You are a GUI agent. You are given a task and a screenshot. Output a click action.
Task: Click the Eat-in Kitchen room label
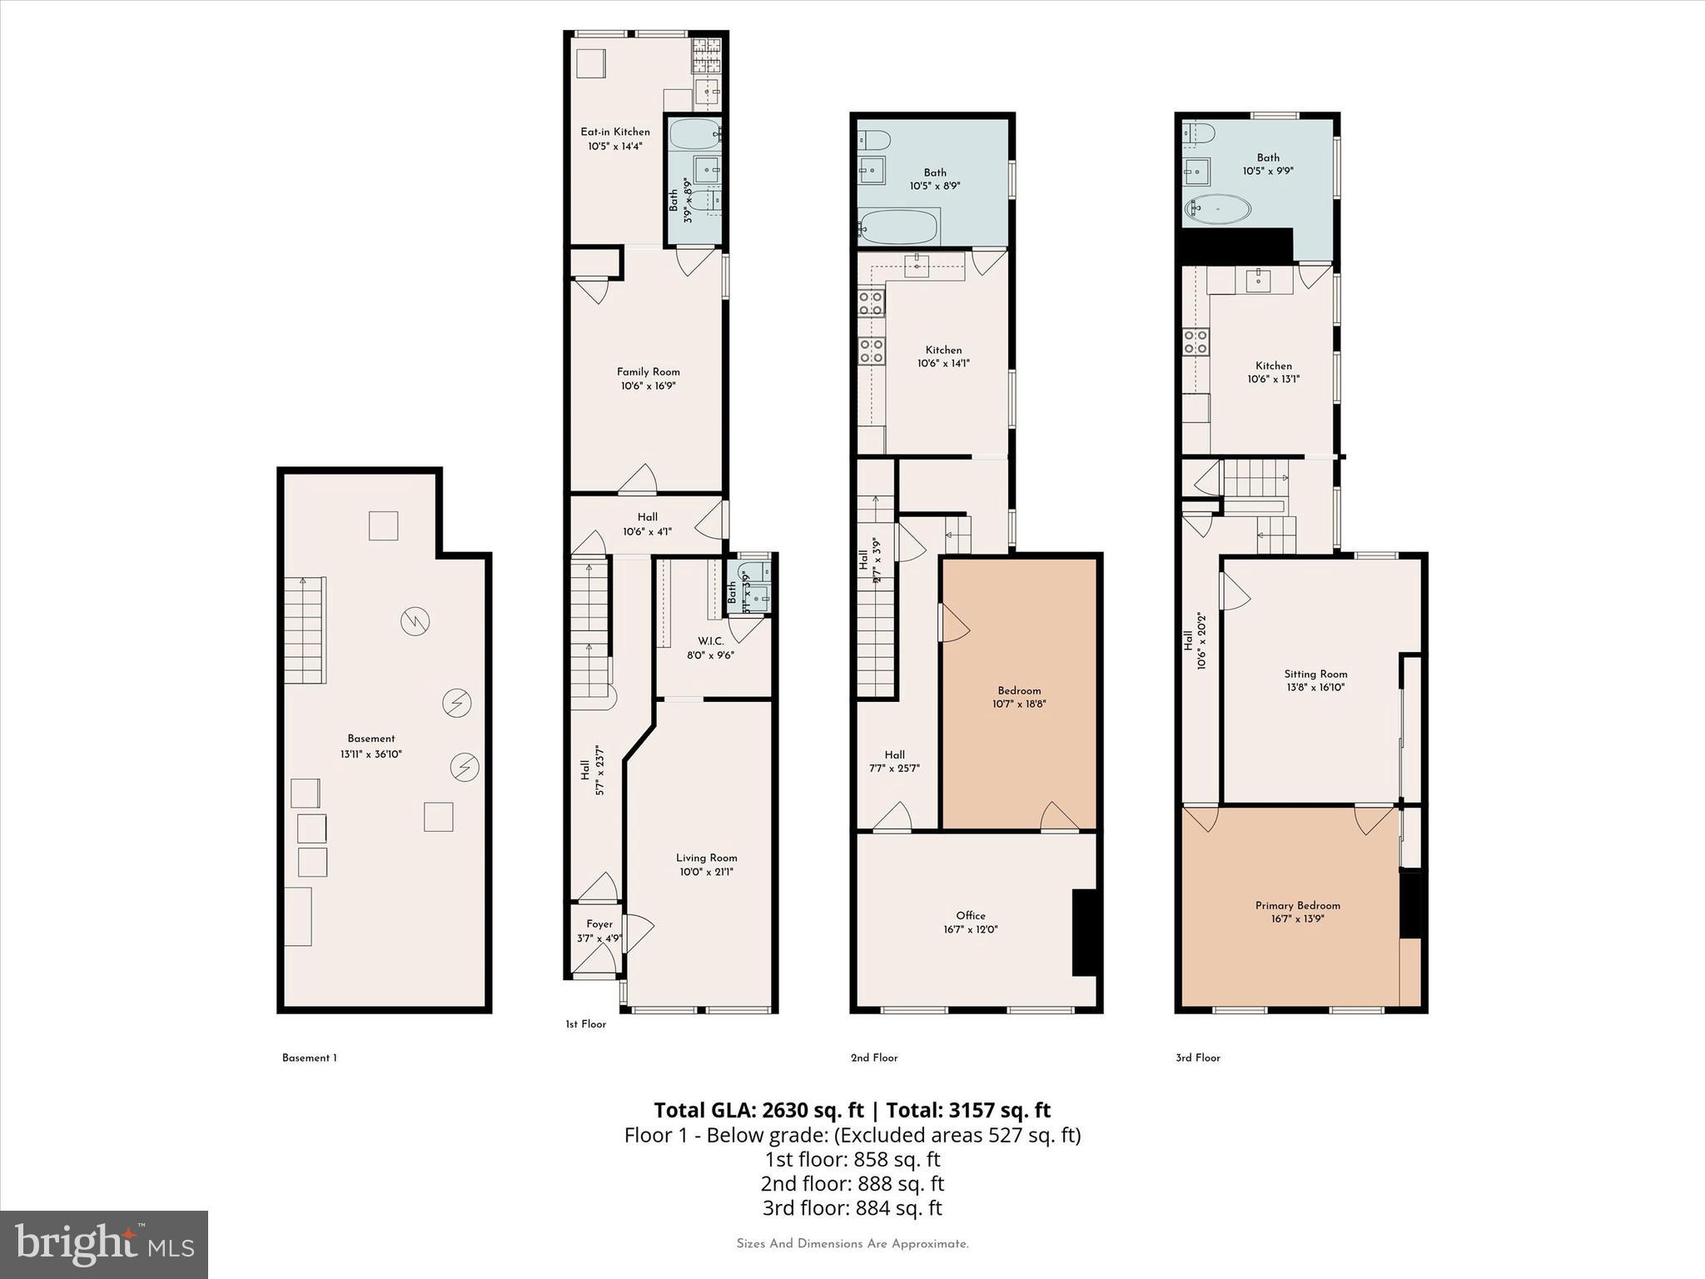pos(614,132)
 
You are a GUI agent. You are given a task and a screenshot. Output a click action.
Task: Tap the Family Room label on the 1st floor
pos(648,372)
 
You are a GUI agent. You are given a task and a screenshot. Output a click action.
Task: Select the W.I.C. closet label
pos(710,641)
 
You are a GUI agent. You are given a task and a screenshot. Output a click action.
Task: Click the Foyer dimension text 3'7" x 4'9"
pos(599,938)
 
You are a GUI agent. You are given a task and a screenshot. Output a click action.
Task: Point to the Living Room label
pos(706,858)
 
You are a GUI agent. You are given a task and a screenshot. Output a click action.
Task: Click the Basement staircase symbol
pos(305,630)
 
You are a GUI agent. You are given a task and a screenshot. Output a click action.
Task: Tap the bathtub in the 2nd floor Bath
pos(898,226)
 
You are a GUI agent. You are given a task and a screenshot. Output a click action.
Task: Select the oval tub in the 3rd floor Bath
pos(1217,209)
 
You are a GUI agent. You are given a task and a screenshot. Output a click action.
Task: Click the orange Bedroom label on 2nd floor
pos(1019,690)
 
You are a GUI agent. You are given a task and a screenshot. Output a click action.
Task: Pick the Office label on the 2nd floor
pos(971,915)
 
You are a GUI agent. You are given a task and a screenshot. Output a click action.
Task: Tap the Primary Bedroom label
pos(1297,905)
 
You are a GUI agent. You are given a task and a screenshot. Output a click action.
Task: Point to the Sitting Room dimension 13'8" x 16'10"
pos(1315,688)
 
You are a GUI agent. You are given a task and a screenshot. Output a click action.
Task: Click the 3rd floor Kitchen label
pos(1273,366)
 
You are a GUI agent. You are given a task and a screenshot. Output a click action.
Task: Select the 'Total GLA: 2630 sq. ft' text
pos(758,1110)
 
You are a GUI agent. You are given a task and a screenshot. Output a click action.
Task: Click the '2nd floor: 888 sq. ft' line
pos(852,1183)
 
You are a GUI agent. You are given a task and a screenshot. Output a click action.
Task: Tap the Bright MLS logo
pos(104,1245)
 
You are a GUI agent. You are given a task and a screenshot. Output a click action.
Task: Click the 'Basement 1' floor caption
pos(309,1058)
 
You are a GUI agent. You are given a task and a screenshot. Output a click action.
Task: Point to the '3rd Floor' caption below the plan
pos(1197,1058)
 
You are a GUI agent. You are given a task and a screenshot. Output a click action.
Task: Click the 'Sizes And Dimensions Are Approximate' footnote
pos(852,1244)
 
